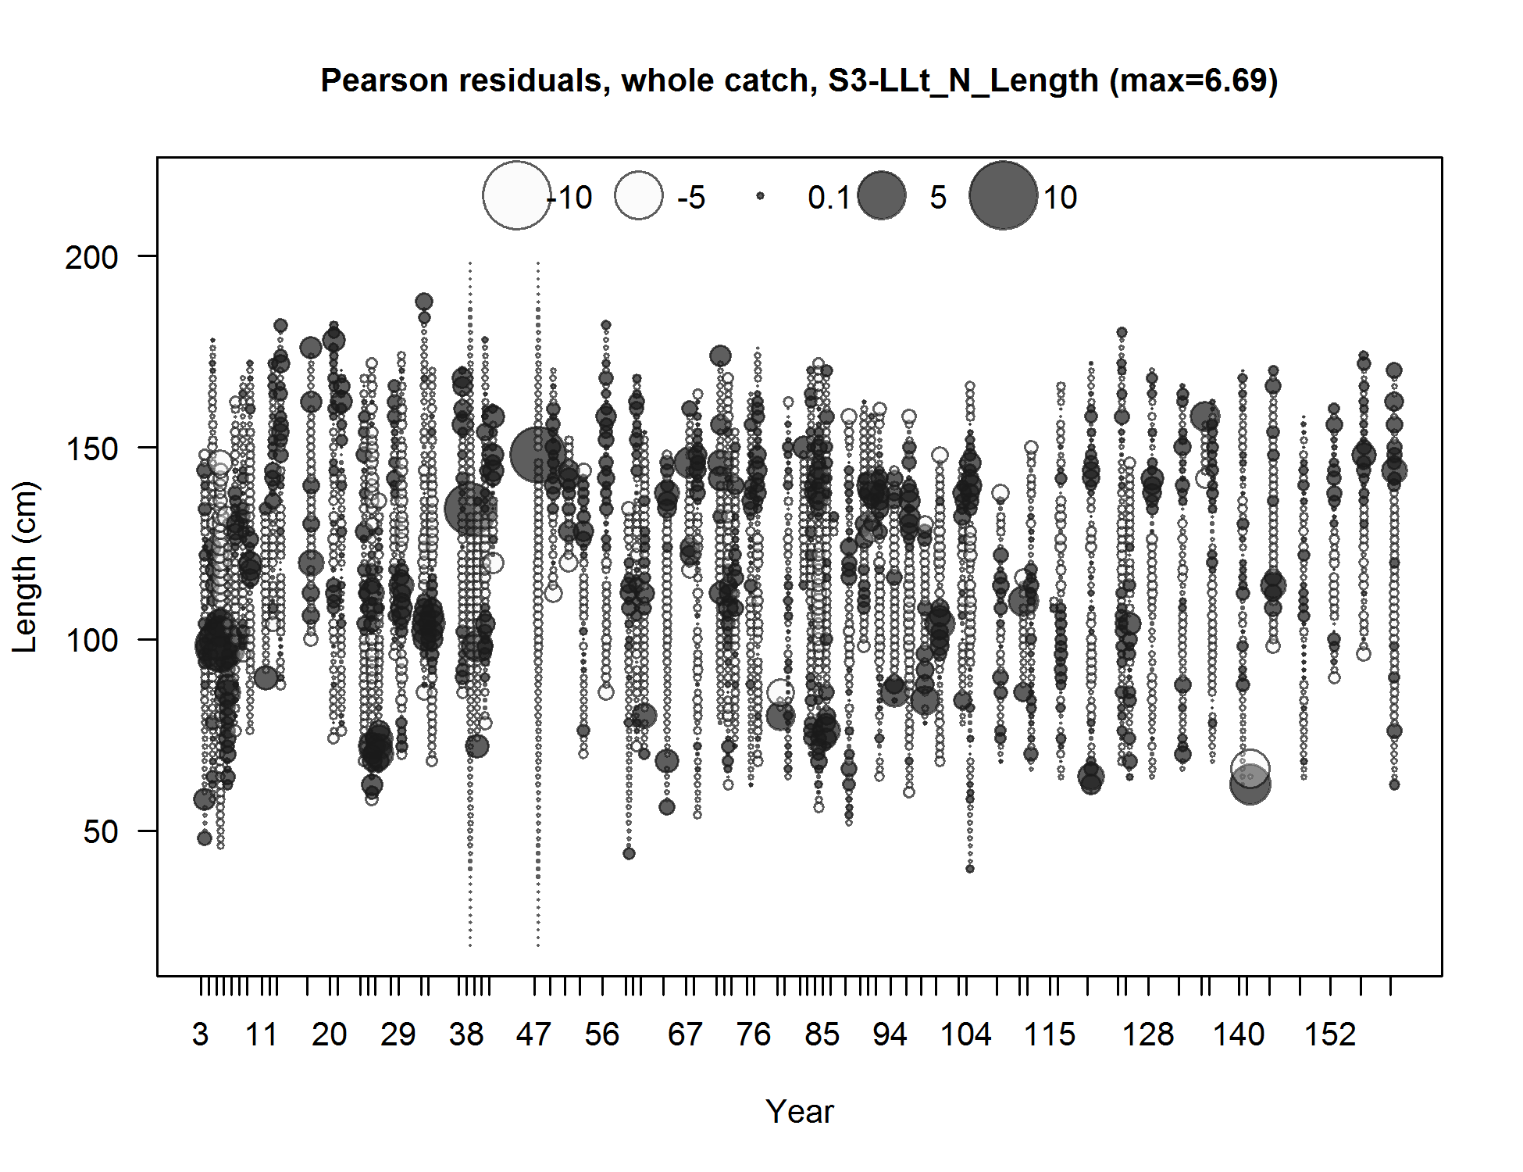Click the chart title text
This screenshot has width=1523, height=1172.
[x=799, y=80]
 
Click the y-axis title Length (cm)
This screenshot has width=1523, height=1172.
[x=25, y=566]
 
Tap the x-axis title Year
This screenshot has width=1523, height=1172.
[x=799, y=1111]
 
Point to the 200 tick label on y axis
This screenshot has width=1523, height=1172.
[x=91, y=256]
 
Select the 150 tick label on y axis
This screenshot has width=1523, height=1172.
[x=91, y=448]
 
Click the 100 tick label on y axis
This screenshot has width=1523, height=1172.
[x=91, y=640]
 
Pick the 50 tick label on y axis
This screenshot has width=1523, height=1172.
[x=100, y=831]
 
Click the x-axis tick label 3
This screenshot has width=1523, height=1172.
[x=200, y=1034]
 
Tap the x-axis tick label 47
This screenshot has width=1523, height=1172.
[x=533, y=1034]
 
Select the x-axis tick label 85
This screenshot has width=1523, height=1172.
[x=822, y=1034]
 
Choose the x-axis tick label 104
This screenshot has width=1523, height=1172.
[x=965, y=1034]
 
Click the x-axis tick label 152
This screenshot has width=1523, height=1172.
[x=1330, y=1034]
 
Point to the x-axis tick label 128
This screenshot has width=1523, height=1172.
[x=1148, y=1034]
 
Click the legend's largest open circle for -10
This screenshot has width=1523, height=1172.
[x=516, y=195]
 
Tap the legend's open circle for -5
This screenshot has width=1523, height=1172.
[x=638, y=196]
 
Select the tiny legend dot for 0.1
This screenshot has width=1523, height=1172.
[x=760, y=197]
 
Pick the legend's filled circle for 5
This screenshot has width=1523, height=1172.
[x=882, y=196]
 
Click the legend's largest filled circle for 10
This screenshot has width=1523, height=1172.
[x=1004, y=195]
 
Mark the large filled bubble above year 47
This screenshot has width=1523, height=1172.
[x=538, y=454]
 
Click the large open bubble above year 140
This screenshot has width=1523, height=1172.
[x=1250, y=768]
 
